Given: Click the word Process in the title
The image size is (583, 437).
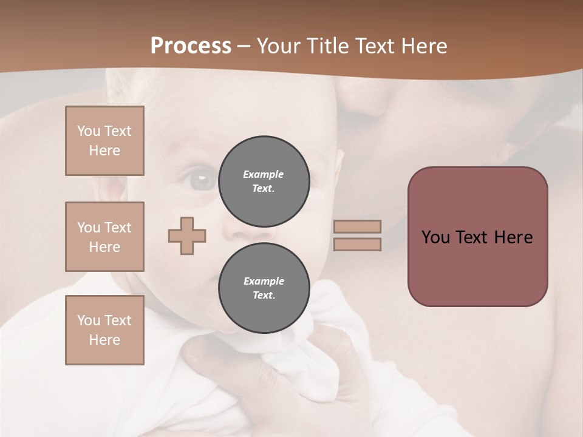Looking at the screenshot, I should pyautogui.click(x=191, y=46).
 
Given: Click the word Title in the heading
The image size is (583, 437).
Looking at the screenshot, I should pyautogui.click(x=325, y=46).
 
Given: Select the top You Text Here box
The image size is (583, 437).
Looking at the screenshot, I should pyautogui.click(x=104, y=141).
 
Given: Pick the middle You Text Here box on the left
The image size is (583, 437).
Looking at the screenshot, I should pyautogui.click(x=104, y=237).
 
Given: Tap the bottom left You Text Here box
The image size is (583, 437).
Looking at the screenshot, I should pyautogui.click(x=104, y=330).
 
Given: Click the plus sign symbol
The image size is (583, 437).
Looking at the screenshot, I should pyautogui.click(x=187, y=235).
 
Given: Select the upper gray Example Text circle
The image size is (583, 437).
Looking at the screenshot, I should pyautogui.click(x=264, y=181).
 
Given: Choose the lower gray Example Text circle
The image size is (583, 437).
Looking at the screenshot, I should pyautogui.click(x=264, y=288).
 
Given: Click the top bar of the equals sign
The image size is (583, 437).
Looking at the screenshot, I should pyautogui.click(x=357, y=226).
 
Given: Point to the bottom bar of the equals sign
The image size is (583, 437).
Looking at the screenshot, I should pyautogui.click(x=357, y=244).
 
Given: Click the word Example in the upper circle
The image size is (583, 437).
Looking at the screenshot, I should pyautogui.click(x=264, y=174).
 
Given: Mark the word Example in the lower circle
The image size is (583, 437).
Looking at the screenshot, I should pyautogui.click(x=264, y=281).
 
